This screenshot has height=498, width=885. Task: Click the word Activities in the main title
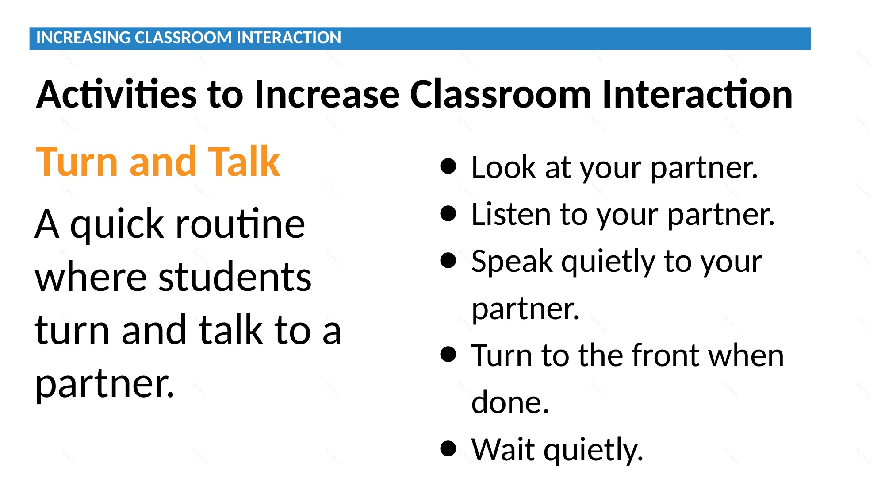(116, 94)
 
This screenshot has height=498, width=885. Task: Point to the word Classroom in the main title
(500, 94)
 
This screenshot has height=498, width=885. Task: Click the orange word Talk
(244, 162)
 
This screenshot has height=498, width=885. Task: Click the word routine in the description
(240, 224)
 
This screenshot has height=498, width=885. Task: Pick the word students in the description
(235, 278)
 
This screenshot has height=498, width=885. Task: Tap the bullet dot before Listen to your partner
(448, 213)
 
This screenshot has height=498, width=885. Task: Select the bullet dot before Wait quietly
(448, 448)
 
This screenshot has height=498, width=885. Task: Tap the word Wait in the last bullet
(503, 449)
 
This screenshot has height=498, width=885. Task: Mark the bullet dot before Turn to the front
(448, 354)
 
